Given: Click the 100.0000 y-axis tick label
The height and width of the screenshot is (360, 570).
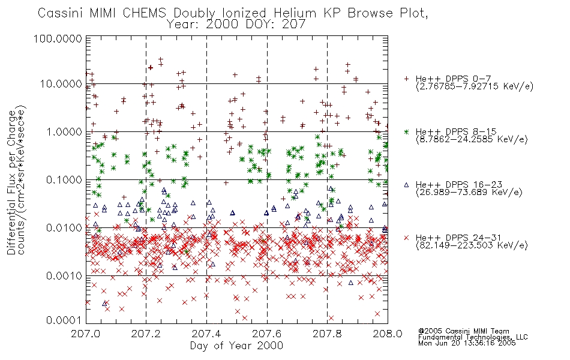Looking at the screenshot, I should pyautogui.click(x=58, y=40).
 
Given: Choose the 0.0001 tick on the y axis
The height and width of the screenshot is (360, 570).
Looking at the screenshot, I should pyautogui.click(x=62, y=321).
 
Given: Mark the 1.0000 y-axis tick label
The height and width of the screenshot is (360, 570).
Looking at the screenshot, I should pyautogui.click(x=62, y=132).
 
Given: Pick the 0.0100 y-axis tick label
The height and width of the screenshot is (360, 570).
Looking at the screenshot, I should pyautogui.click(x=62, y=228).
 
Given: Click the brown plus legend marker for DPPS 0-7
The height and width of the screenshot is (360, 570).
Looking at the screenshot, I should pyautogui.click(x=406, y=79).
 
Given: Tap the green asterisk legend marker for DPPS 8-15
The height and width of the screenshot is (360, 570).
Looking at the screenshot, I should pyautogui.click(x=406, y=131).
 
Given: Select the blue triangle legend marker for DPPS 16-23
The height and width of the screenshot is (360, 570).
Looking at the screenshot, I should pyautogui.click(x=406, y=184).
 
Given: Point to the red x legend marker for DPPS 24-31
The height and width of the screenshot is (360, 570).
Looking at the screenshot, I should pyautogui.click(x=406, y=238).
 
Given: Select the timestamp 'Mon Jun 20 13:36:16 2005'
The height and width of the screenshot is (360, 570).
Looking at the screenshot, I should pyautogui.click(x=467, y=344).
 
